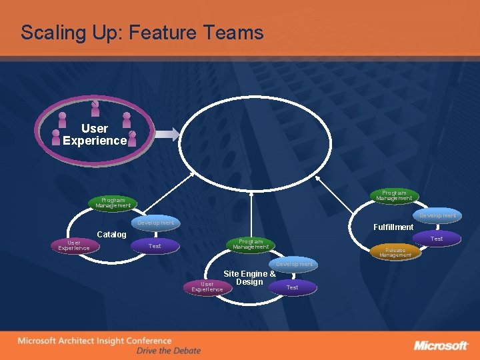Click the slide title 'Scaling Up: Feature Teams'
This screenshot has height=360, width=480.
click(x=142, y=33)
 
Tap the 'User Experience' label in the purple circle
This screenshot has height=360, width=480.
click(x=95, y=134)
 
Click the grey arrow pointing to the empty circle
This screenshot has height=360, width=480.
click(x=168, y=134)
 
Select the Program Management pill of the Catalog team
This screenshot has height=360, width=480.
click(x=113, y=202)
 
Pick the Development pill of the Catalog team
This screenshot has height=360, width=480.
click(x=155, y=222)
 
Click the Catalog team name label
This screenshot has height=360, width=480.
click(x=111, y=235)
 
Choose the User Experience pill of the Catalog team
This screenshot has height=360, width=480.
click(x=74, y=245)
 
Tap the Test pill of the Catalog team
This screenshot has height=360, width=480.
click(x=155, y=246)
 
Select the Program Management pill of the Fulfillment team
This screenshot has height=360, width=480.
click(x=393, y=195)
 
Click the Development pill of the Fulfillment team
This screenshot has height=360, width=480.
click(x=437, y=215)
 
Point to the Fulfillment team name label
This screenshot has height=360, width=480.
click(x=393, y=227)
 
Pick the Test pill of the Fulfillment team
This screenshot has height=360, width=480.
click(x=437, y=238)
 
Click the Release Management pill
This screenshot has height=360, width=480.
click(x=395, y=252)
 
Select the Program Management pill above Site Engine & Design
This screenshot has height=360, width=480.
click(x=251, y=244)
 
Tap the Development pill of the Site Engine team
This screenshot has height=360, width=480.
click(x=294, y=264)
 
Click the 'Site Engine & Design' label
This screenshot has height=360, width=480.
click(x=249, y=277)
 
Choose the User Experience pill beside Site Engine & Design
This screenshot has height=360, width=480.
click(x=207, y=287)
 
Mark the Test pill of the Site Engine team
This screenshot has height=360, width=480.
click(x=292, y=287)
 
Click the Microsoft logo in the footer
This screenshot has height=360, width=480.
click(x=441, y=345)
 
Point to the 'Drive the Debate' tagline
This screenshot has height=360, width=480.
click(x=168, y=351)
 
